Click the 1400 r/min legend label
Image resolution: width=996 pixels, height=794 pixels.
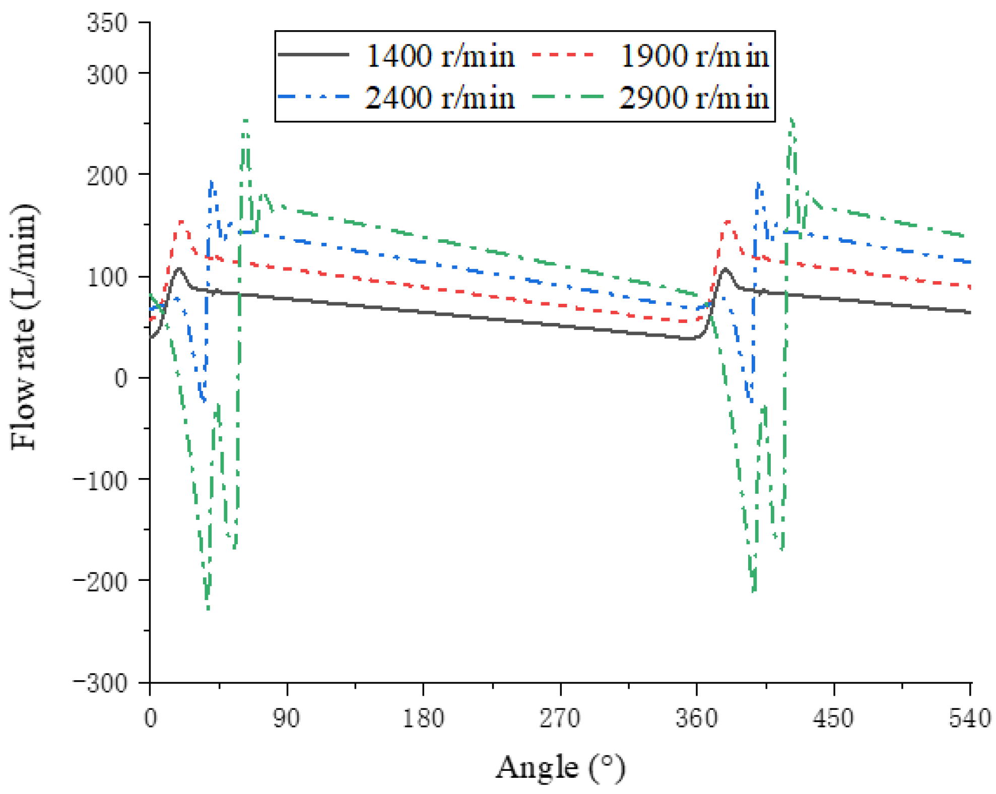[x=439, y=55]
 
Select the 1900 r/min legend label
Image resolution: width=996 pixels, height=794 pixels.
[x=694, y=55]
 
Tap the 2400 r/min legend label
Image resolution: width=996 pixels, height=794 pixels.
[x=439, y=97]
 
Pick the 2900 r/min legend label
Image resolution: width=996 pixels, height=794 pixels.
[x=694, y=97]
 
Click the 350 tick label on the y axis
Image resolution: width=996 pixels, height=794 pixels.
[x=107, y=23]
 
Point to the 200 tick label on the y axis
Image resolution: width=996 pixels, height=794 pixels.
[x=107, y=176]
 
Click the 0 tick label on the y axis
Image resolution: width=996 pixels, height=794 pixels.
[x=121, y=378]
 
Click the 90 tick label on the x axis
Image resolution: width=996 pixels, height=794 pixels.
[x=287, y=717]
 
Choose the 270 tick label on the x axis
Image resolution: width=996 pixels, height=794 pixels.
[x=560, y=717]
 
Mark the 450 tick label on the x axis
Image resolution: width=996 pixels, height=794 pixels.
[x=833, y=717]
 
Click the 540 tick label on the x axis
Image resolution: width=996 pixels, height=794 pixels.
[x=970, y=717]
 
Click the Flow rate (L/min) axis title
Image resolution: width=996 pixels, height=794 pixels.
[x=24, y=327]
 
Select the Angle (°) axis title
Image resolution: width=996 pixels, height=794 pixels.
[x=560, y=768]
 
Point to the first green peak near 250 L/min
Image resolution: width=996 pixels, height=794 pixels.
[x=245, y=121]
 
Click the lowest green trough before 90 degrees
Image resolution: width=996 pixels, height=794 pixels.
[x=208, y=609]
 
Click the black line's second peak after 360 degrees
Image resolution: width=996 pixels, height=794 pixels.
[x=725, y=269]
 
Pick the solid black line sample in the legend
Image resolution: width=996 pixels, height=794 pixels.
[x=313, y=54]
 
